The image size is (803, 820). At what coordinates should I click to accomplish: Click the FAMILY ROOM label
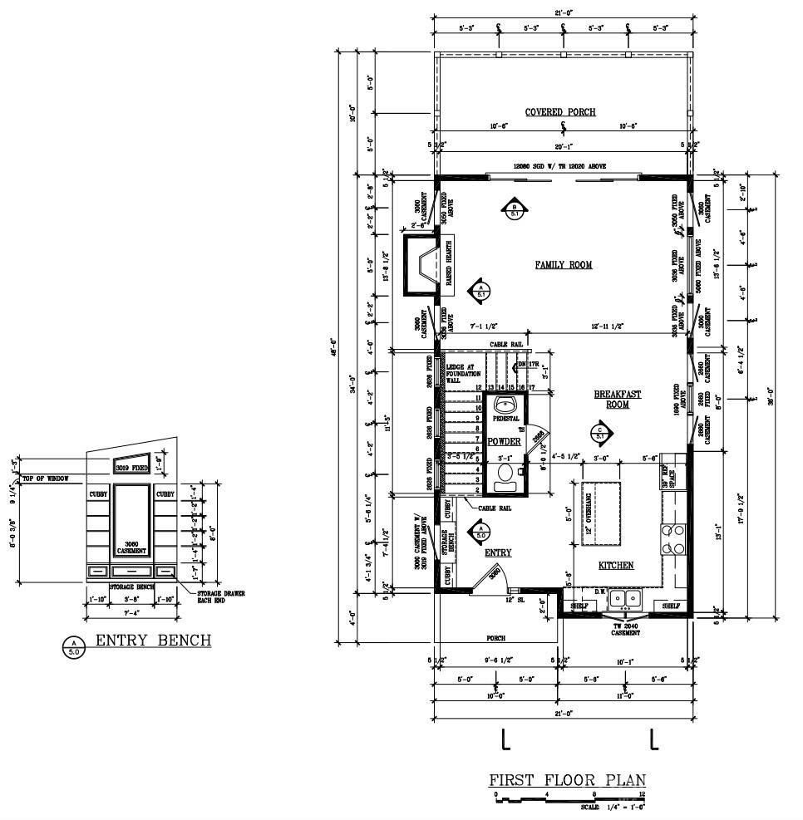tap(563, 265)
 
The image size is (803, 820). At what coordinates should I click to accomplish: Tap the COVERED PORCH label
tap(560, 112)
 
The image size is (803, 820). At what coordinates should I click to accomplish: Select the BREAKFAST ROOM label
tap(617, 400)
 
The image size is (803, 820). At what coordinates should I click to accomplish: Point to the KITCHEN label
tap(616, 566)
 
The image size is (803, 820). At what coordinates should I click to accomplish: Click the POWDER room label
tap(504, 442)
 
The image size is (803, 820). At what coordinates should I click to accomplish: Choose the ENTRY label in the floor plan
tap(497, 552)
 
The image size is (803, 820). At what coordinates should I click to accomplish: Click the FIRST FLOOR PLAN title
tap(566, 780)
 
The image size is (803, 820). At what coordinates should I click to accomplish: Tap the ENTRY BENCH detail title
tap(153, 641)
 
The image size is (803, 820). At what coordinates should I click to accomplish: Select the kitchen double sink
tap(623, 598)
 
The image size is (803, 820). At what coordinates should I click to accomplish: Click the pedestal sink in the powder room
tap(505, 406)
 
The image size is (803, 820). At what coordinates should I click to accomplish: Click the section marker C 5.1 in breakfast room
tap(600, 432)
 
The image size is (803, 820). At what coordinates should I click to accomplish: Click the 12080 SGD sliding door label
tap(559, 166)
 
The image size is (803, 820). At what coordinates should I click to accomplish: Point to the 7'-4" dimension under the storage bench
tap(131, 614)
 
